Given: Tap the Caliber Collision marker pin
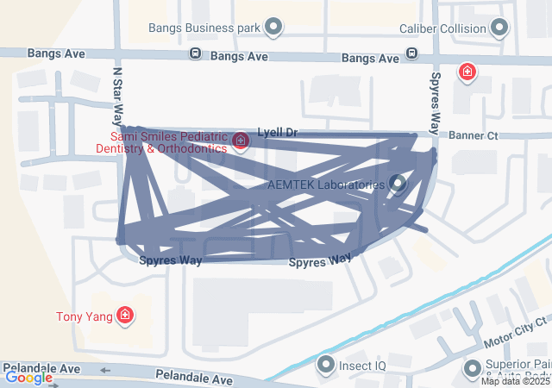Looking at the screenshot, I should [499, 28].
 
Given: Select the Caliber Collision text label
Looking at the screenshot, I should [442, 28].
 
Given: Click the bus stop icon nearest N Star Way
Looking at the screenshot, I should [196, 54].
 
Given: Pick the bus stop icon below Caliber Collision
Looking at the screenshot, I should [412, 54].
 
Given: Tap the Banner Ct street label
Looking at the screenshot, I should [474, 135].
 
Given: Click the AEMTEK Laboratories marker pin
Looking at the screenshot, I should [398, 183].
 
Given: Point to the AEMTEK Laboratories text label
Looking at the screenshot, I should [325, 185].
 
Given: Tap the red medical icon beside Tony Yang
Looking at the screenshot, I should [126, 316].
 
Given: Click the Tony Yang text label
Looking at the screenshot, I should [85, 316].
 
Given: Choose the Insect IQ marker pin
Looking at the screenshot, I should [326, 366].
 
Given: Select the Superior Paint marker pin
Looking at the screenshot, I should [472, 369].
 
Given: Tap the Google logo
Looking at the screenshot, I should [28, 377].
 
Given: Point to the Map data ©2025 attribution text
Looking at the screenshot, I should [515, 381].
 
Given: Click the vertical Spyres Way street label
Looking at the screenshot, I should [436, 97].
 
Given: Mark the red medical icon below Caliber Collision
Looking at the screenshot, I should [467, 72].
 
